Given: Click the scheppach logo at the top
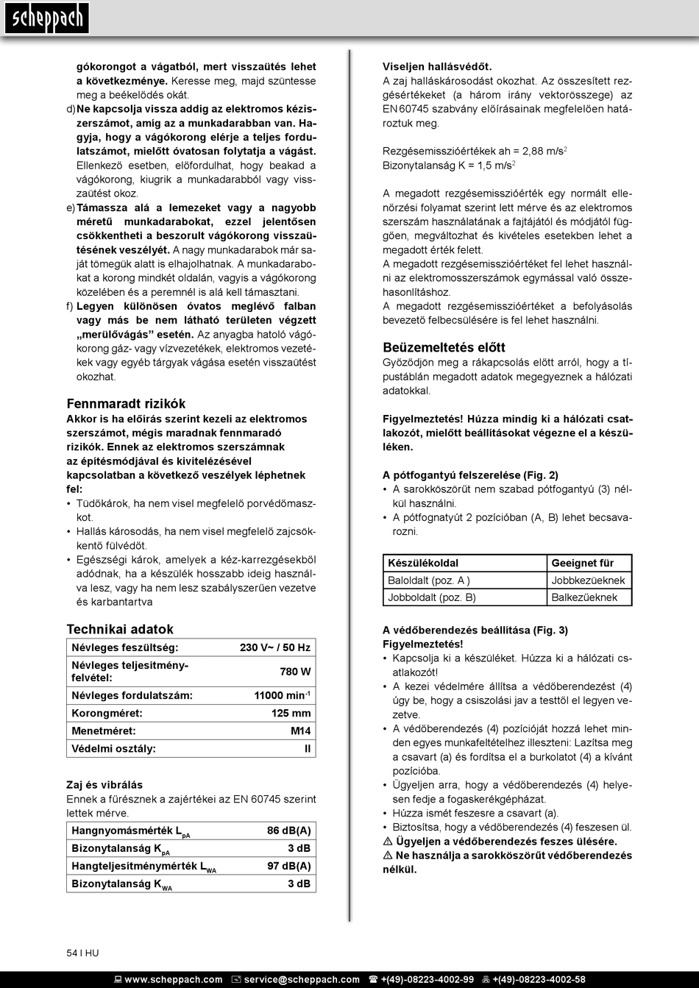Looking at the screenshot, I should coord(46,18).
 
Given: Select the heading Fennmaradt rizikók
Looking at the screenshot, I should coord(126,403).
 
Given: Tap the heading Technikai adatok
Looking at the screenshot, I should coord(120,629).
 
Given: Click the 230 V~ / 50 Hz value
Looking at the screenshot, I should coord(275,648).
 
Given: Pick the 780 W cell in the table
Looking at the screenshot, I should coord(295,672).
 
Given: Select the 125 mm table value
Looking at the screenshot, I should coord(291,713).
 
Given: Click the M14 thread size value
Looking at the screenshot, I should coord(300,731).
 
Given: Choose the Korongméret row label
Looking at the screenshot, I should coord(107,713).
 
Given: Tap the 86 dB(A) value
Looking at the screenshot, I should coord(288,831).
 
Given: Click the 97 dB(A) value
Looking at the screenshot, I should coord(288,866).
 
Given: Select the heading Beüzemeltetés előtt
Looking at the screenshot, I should coord(444,347).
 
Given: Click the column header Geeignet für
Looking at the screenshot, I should coord(582,563).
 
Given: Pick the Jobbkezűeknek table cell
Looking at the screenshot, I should coord(588,580).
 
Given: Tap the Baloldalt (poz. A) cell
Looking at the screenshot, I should coord(429,580).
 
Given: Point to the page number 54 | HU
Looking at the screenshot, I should coord(82,953).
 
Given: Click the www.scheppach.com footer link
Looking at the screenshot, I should coord(173,979).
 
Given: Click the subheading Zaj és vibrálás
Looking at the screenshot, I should coord(104,785).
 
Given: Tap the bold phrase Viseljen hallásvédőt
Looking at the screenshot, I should coord(437,67).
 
